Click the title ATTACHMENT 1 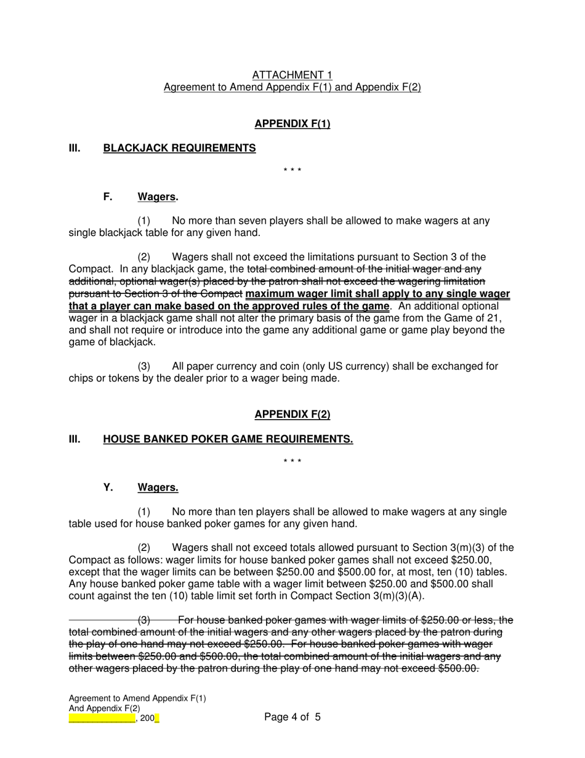[292, 75]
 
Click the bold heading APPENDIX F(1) [292, 124]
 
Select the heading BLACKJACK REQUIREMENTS [179, 148]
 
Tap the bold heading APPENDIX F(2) [292, 414]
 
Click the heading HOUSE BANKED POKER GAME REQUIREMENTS [228, 439]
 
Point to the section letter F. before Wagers [108, 197]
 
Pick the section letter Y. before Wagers [108, 487]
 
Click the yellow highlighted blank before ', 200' [102, 718]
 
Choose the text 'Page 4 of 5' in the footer [292, 717]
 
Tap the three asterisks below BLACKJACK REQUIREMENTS [292, 170]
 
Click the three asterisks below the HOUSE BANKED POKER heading [292, 461]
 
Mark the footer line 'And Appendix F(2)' [104, 708]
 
